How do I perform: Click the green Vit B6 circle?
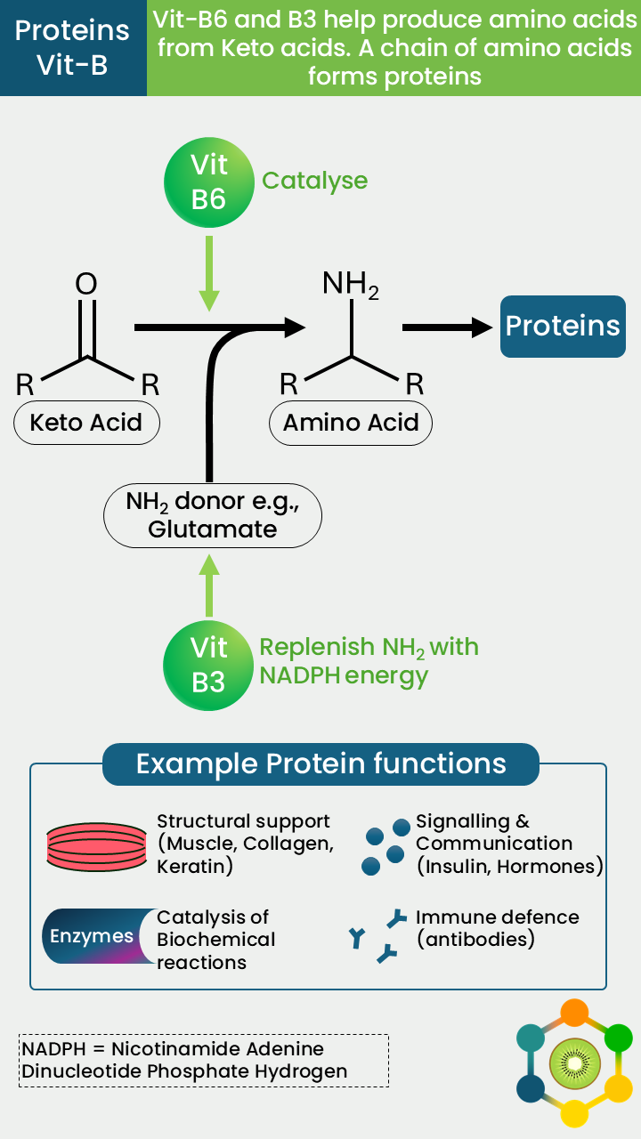click(209, 182)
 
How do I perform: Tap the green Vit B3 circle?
click(208, 665)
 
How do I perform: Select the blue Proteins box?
click(563, 327)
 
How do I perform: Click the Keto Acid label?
click(86, 423)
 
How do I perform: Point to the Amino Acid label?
click(351, 423)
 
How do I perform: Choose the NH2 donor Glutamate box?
click(213, 515)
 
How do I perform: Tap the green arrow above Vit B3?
click(209, 586)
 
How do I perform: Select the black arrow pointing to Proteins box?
click(448, 327)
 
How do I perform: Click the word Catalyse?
click(315, 181)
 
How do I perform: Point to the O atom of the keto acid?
click(86, 283)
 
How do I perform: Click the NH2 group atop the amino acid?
click(351, 284)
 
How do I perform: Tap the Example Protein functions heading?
click(321, 763)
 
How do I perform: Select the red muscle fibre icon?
click(97, 846)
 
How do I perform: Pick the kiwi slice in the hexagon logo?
click(575, 1063)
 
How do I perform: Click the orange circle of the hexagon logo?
click(574, 1013)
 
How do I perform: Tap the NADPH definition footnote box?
click(204, 1060)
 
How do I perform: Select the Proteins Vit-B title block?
click(73, 48)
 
